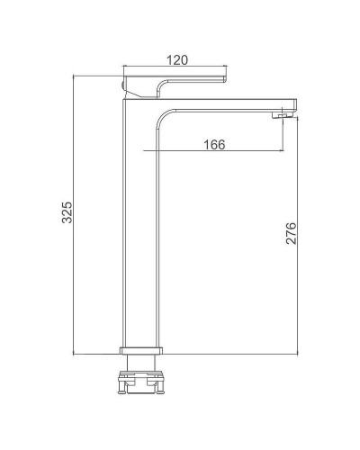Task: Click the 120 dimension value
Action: [177, 60]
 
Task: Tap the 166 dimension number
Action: [214, 145]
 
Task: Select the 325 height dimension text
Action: [67, 212]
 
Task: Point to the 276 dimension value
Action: [291, 233]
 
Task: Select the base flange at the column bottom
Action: [141, 351]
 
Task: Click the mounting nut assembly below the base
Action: [141, 382]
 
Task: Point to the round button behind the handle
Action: [122, 85]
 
